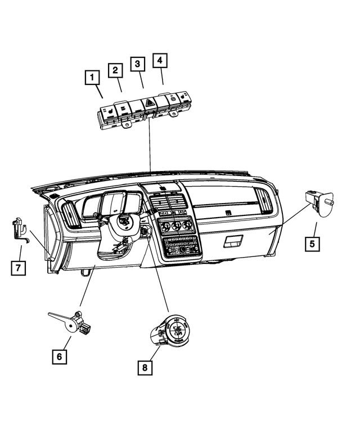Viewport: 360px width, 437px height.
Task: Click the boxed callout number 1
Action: pyautogui.click(x=91, y=76)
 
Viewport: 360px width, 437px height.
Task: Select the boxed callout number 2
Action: pyautogui.click(x=115, y=70)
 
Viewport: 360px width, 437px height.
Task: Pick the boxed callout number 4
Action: pyautogui.click(x=160, y=59)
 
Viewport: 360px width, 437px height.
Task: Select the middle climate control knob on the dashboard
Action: pyautogui.click(x=175, y=227)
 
